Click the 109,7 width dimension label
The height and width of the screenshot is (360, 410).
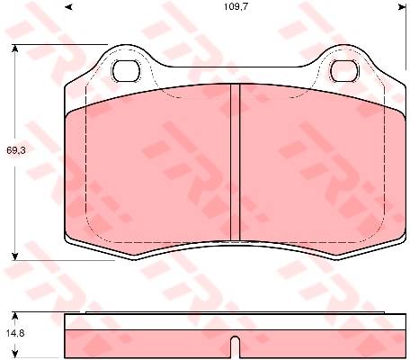[x=236, y=6]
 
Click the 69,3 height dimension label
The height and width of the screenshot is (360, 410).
[x=16, y=150]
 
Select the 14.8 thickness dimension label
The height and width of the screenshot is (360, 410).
[x=14, y=333]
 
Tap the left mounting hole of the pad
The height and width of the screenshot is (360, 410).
[x=127, y=71]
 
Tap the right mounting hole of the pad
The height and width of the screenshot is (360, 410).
[x=344, y=71]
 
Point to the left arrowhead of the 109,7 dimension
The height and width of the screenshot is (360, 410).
[x=69, y=6]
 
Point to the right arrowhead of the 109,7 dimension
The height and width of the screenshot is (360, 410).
[x=402, y=6]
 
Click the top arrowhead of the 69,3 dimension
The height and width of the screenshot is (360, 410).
[x=15, y=49]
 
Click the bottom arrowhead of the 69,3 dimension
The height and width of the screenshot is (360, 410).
[x=15, y=256]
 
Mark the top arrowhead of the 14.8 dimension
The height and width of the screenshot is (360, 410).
[x=15, y=316]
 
